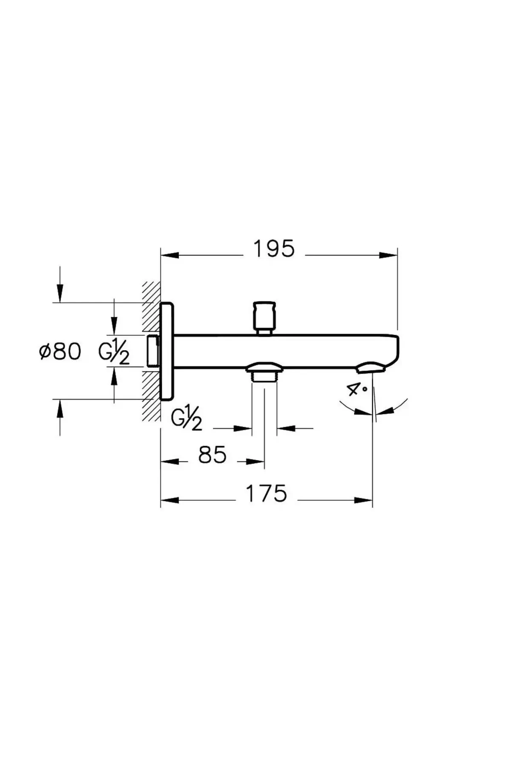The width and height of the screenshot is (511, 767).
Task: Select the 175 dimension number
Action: point(267,494)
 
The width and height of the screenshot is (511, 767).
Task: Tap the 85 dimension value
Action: point(212,455)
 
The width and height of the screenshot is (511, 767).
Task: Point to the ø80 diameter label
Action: point(60,352)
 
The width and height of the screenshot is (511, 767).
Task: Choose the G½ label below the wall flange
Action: point(186,419)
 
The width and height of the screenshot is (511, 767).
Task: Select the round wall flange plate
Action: point(167,351)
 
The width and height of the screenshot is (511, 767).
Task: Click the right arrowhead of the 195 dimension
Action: point(388,255)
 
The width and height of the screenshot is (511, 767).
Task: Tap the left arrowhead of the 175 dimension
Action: point(169,500)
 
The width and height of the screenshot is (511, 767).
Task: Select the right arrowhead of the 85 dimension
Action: point(255,461)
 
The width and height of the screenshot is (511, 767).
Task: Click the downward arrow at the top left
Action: point(60,293)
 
